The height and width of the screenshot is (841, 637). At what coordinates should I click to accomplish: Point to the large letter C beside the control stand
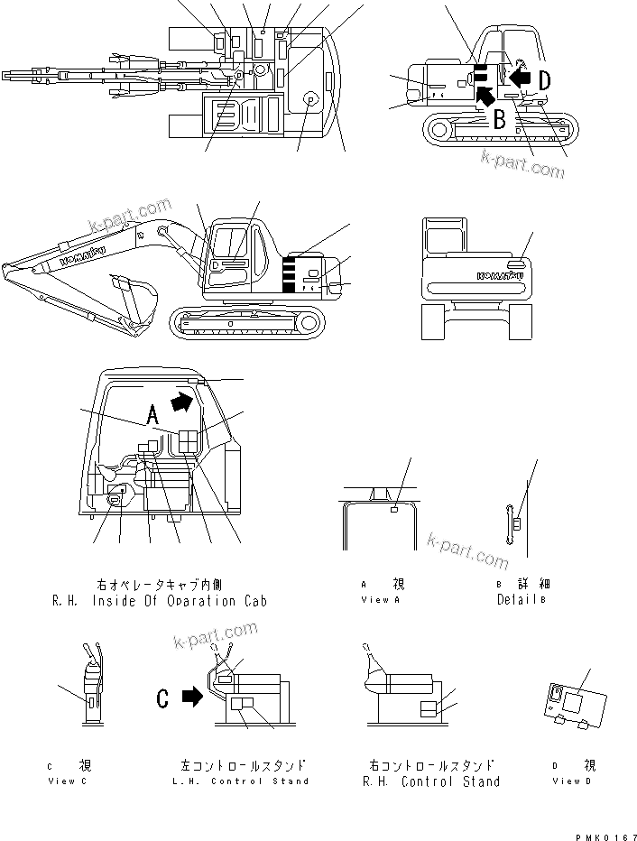(162, 697)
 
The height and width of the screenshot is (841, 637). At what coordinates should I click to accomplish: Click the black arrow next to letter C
(192, 697)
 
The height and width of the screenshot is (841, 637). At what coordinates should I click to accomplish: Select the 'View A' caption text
(375, 599)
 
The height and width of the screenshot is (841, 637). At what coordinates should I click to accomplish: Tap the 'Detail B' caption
(521, 599)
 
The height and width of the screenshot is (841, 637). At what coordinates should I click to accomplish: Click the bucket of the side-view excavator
(135, 302)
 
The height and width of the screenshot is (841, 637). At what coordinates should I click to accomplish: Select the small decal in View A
(394, 512)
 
